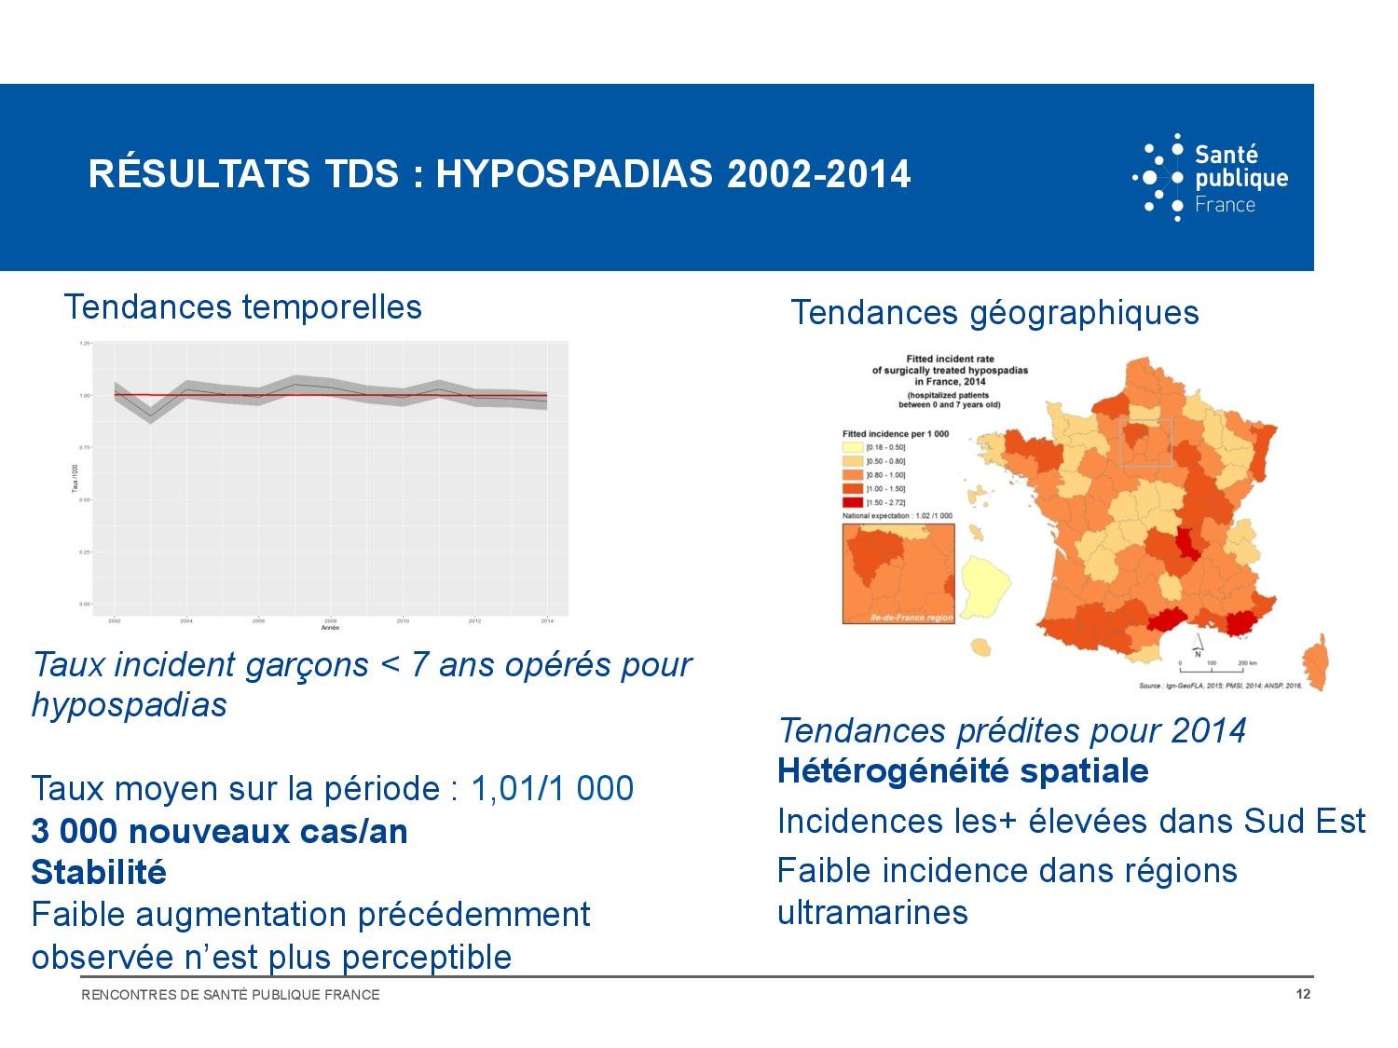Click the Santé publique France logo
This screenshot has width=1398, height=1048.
[1210, 177]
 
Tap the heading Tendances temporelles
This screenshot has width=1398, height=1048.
[242, 306]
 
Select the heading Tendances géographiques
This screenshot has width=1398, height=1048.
[994, 312]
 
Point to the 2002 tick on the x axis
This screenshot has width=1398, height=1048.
[115, 619]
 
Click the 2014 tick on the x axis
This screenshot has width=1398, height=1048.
[547, 619]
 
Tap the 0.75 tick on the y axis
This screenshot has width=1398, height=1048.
[85, 448]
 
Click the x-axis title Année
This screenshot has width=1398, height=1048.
[330, 628]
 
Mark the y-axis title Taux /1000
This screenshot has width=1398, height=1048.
[75, 477]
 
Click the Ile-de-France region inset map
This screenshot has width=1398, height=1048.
[898, 573]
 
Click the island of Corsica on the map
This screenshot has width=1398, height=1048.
[1315, 660]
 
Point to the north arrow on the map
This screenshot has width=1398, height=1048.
[1199, 644]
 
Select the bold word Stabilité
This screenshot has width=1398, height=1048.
[99, 873]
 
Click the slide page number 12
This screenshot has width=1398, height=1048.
[1303, 994]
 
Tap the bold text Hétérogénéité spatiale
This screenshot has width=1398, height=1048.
[963, 771]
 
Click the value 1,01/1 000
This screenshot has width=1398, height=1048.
[552, 789]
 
